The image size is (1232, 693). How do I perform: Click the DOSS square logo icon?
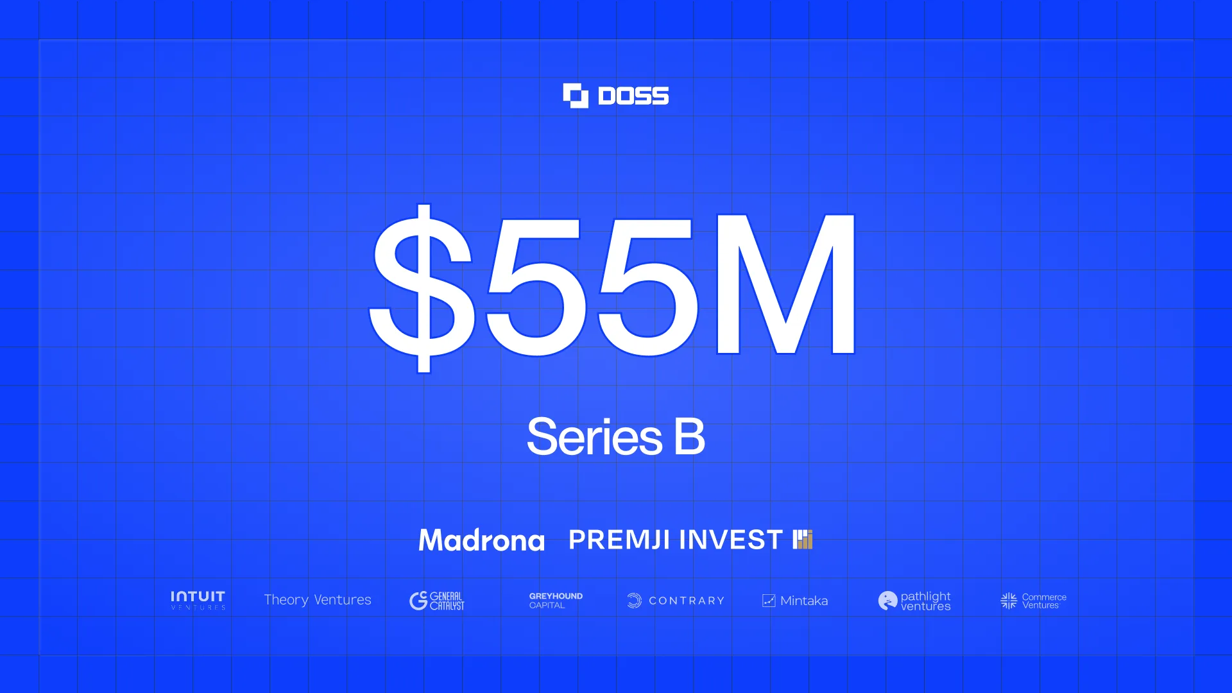[576, 96]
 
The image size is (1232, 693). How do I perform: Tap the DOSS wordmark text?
[633, 96]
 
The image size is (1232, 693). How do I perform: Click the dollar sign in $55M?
[422, 287]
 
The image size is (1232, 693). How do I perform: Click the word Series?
[594, 437]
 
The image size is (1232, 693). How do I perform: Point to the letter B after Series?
[689, 436]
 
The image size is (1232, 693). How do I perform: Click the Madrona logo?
[481, 540]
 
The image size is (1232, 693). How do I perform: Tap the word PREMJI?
[619, 540]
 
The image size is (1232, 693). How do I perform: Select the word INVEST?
[730, 540]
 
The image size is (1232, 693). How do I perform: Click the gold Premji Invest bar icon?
[803, 540]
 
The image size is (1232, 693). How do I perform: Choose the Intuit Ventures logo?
[198, 600]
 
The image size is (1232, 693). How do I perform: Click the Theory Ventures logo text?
[318, 600]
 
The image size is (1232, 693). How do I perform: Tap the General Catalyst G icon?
[418, 601]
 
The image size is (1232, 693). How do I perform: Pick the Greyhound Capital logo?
[556, 601]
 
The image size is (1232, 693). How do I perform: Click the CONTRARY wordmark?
[687, 601]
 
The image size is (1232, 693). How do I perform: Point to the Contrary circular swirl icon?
[634, 601]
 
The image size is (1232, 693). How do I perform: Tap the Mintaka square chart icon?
[769, 601]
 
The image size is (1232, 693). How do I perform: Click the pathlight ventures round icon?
[887, 601]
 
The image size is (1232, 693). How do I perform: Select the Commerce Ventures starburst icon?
[1009, 601]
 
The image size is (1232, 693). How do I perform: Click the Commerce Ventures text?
[1044, 601]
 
